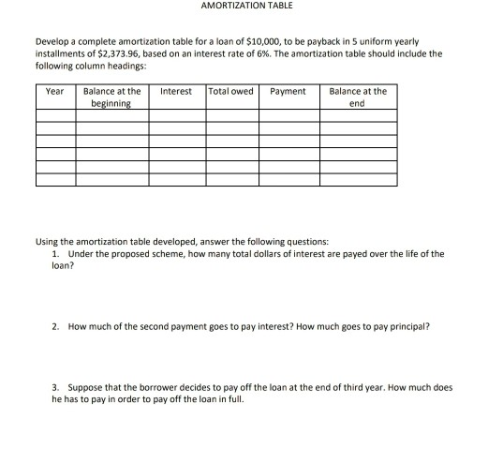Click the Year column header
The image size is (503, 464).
55,92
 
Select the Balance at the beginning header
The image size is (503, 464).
112,97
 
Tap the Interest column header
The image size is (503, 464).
176,92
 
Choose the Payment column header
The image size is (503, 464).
288,92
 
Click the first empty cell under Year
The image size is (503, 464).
55,116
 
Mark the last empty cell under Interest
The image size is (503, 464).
177,181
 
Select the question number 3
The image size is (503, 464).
56,386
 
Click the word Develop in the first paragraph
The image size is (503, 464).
51,44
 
